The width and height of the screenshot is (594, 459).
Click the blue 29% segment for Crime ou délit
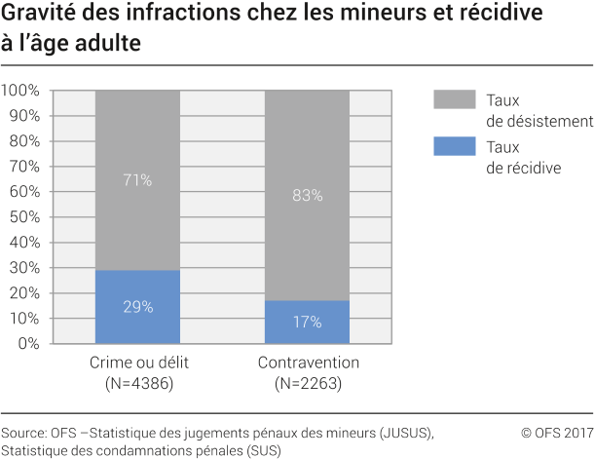coord(137,306)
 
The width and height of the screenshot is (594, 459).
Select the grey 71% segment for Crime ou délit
coord(137,180)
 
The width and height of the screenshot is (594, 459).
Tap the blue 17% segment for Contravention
coord(307,322)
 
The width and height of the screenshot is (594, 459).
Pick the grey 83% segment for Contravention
coord(307,195)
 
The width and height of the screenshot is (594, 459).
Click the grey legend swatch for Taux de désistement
coord(454,99)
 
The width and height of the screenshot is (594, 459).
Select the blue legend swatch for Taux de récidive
coord(454,147)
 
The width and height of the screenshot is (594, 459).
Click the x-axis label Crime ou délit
coord(137,363)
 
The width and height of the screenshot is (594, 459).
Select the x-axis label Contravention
coord(309,363)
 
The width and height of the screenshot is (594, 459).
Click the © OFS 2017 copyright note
coord(556,432)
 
